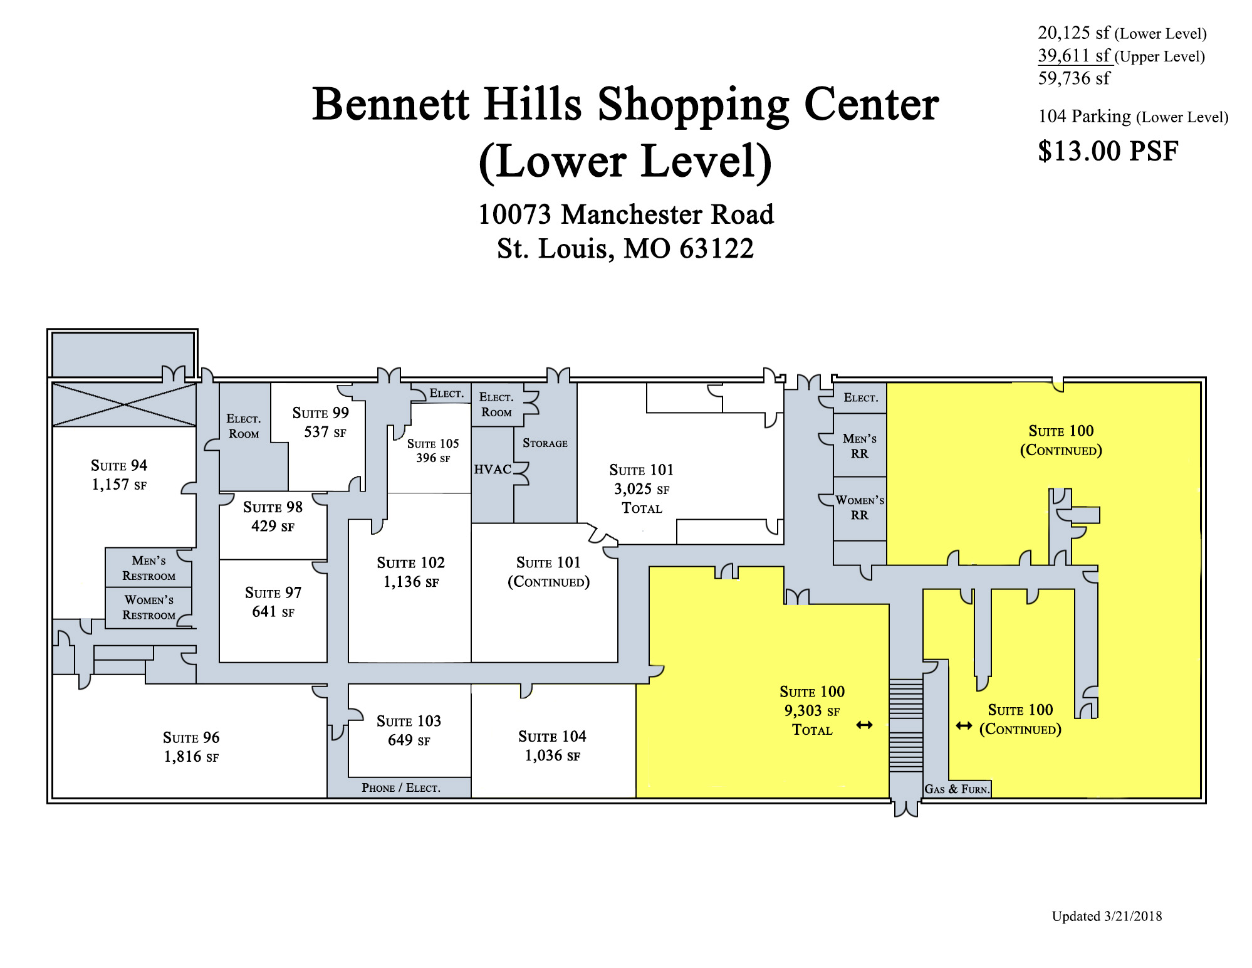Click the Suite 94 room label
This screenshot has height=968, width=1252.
click(119, 465)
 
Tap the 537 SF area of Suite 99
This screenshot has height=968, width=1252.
click(325, 432)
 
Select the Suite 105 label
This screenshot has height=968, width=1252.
click(433, 443)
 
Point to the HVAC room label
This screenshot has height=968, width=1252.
click(493, 469)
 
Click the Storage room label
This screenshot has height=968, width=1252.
click(545, 443)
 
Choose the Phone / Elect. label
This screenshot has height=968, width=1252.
click(401, 787)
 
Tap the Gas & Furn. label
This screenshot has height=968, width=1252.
click(957, 789)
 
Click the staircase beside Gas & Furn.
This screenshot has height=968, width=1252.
click(905, 725)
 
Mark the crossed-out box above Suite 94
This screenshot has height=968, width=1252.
click(124, 404)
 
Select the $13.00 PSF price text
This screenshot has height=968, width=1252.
click(1108, 151)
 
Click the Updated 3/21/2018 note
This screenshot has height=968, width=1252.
click(1107, 916)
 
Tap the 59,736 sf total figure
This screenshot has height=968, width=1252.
click(1074, 78)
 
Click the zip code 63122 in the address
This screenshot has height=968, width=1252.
click(717, 248)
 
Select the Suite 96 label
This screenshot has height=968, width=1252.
click(191, 737)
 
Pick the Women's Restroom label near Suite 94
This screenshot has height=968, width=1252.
click(149, 608)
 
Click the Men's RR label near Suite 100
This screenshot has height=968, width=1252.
click(860, 446)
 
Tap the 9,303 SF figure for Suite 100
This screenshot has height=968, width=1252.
click(812, 711)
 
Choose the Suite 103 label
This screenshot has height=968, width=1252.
click(409, 721)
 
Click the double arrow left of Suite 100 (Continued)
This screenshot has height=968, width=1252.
click(964, 726)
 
